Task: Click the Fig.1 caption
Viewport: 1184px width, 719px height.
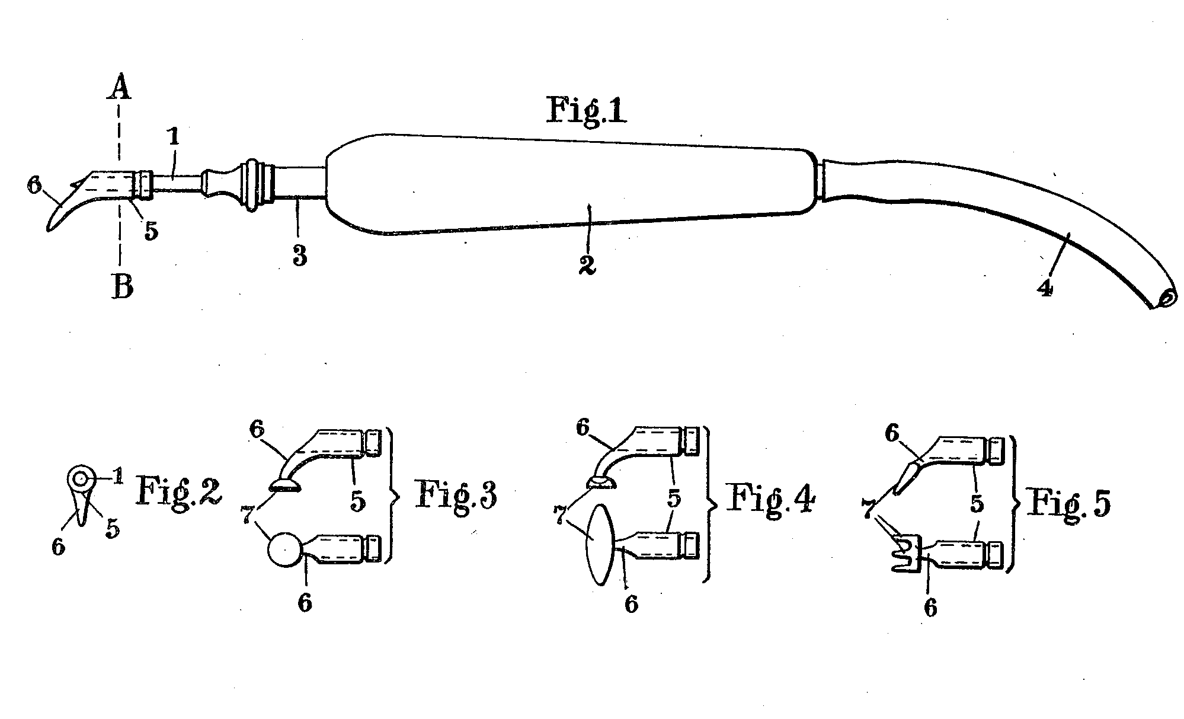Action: [x=586, y=111]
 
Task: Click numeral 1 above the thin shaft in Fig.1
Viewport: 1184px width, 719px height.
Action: [x=173, y=138]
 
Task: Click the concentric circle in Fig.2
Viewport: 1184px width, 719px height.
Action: [x=81, y=477]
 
